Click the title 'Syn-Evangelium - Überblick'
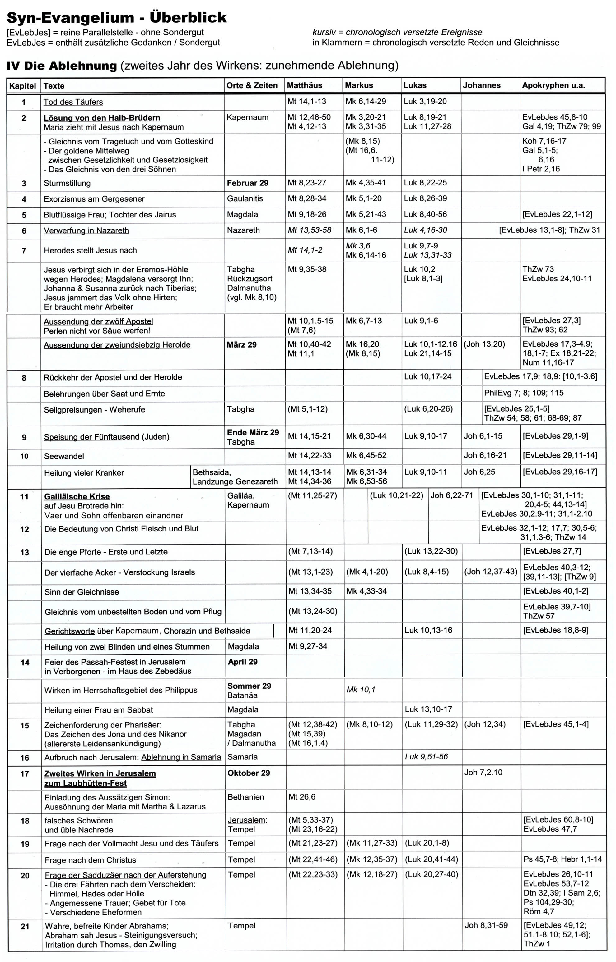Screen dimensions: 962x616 tap(117, 18)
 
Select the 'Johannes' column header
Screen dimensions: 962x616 tap(482, 85)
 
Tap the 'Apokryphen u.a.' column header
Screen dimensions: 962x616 tap(553, 85)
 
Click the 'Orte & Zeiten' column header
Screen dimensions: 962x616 tap(252, 85)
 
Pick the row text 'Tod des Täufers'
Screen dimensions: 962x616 tap(73, 102)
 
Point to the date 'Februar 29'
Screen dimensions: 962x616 tap(248, 183)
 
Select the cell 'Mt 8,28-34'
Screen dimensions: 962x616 tap(307, 198)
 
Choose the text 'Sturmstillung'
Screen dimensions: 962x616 tap(67, 183)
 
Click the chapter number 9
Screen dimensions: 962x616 tap(24, 437)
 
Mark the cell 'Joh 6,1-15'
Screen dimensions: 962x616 tap(483, 436)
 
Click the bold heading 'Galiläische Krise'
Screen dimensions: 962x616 tap(77, 497)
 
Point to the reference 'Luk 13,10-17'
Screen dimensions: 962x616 tap(428, 709)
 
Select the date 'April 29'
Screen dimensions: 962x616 tap(243, 662)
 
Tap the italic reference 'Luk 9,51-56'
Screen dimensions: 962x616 tap(427, 756)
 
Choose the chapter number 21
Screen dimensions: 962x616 tap(25, 926)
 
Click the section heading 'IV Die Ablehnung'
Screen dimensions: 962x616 tap(62, 66)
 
